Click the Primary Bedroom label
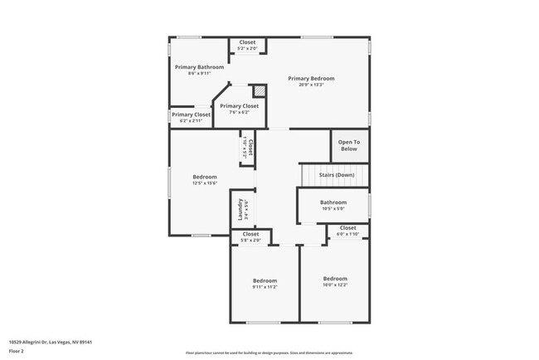311,79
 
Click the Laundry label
240,209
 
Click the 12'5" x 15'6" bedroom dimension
205,183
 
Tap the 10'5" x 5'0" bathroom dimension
333,209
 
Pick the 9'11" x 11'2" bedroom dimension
265,287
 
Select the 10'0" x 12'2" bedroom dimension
335,285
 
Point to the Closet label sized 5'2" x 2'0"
247,42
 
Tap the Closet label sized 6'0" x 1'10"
347,227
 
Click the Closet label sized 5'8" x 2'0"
250,234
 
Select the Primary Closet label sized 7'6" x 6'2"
239,106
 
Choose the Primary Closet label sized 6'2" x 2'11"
191,114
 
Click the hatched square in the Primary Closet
259,90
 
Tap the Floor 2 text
17,351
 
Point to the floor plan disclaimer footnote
269,352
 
